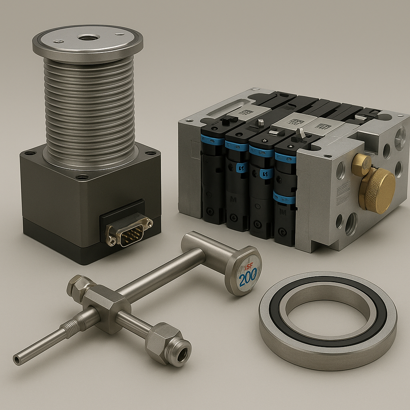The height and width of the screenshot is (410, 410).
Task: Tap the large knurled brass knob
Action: coord(377,190)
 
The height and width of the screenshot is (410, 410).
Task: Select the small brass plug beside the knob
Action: coord(361,165)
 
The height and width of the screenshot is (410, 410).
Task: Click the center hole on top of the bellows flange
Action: coord(88,38)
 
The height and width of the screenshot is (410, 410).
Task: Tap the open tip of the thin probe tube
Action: coord(17,360)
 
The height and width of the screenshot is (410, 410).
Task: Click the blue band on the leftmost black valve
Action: coord(213,141)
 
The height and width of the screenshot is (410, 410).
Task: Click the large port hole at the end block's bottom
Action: coord(351,224)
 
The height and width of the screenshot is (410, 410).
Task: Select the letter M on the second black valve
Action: coord(233,199)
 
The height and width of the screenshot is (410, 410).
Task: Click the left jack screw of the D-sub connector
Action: coord(112,241)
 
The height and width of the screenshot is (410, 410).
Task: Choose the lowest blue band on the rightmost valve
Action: coord(284,198)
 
